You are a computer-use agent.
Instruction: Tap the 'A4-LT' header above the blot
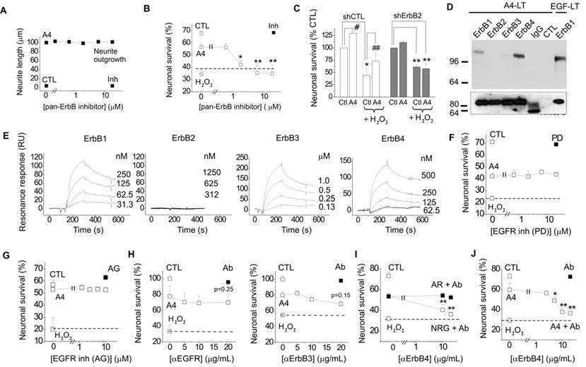pos(500,6)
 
